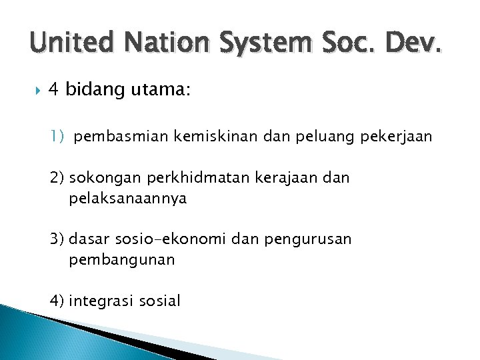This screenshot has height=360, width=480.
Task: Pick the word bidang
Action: pos(96,90)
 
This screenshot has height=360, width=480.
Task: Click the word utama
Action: pos(161,90)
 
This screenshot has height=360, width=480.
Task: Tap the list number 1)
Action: pos(57,137)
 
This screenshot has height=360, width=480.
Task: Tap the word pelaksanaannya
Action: pos(127,199)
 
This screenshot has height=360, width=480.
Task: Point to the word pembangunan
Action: pos(121,260)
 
